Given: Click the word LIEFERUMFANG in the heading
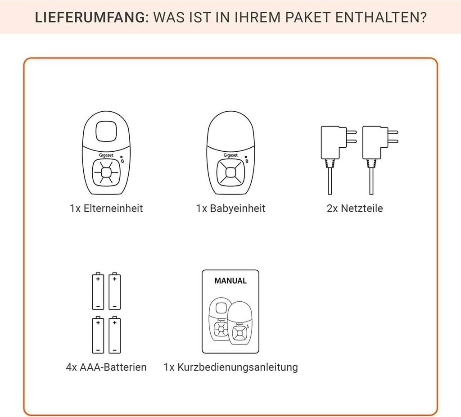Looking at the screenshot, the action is point(90,18).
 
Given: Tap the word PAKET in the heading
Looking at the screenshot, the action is point(308,18).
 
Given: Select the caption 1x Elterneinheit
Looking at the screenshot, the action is point(106,208).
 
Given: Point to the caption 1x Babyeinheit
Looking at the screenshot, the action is point(230,208).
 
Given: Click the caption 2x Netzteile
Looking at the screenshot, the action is point(355,208).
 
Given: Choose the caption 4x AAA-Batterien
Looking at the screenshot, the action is point(106,367).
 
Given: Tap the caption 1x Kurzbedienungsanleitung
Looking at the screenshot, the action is point(231,367).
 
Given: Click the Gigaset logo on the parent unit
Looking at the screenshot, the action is point(106,155).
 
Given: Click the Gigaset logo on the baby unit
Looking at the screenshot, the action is point(230,155).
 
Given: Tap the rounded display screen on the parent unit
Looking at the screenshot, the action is point(106,131).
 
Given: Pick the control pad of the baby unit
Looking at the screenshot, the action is point(230,172).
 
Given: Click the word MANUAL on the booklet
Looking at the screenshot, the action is point(230,281).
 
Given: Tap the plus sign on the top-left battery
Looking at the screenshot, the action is point(98,278).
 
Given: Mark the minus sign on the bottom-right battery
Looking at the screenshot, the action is point(115,350).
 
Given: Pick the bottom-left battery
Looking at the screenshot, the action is point(98,335).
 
